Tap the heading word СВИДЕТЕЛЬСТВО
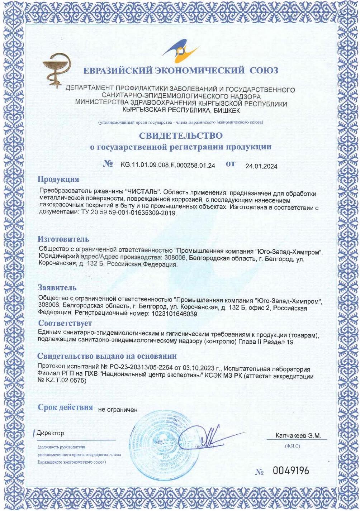pyautogui.click(x=181, y=136)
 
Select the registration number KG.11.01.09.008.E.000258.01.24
pyautogui.click(x=168, y=165)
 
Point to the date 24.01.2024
pyautogui.click(x=261, y=166)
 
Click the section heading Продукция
pyautogui.click(x=58, y=179)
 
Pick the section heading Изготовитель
pyautogui.click(x=63, y=239)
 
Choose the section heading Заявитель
pyautogui.click(x=57, y=287)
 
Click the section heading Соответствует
pyautogui.click(x=65, y=323)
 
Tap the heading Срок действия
pyautogui.click(x=65, y=407)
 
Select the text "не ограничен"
pyautogui.click(x=118, y=410)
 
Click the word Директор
pyautogui.click(x=51, y=433)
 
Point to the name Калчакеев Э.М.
pyautogui.click(x=298, y=436)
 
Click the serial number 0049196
pyautogui.click(x=291, y=471)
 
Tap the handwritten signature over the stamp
pyautogui.click(x=212, y=436)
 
